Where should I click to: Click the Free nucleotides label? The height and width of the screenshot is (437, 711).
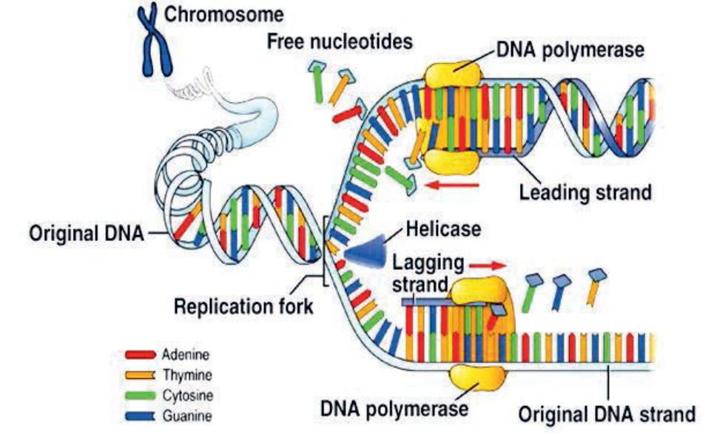click(x=340, y=41)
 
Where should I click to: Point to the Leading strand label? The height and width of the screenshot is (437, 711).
click(x=584, y=193)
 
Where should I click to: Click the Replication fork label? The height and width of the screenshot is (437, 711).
click(x=243, y=305)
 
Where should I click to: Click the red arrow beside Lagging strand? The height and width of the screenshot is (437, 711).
click(x=490, y=262)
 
